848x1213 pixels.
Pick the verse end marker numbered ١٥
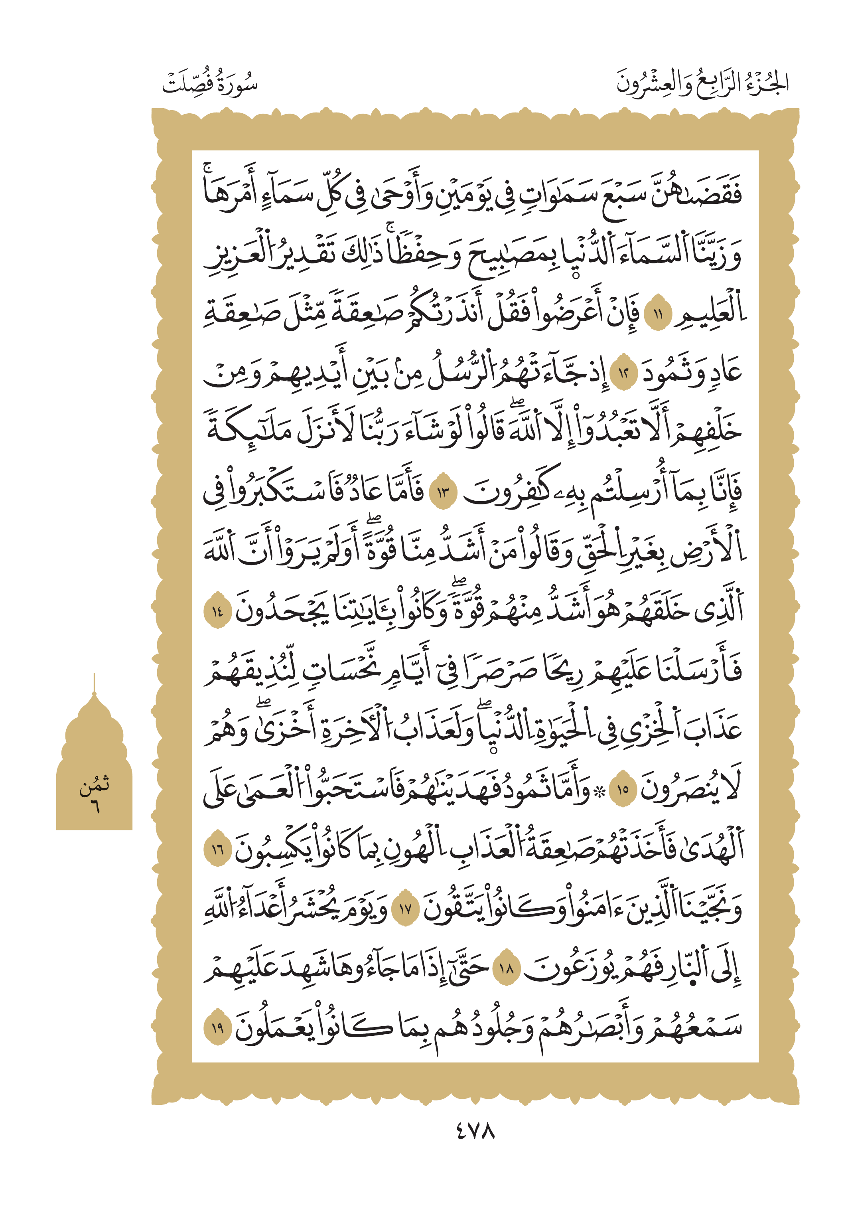click(623, 789)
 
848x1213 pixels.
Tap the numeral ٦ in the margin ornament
click(95, 806)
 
